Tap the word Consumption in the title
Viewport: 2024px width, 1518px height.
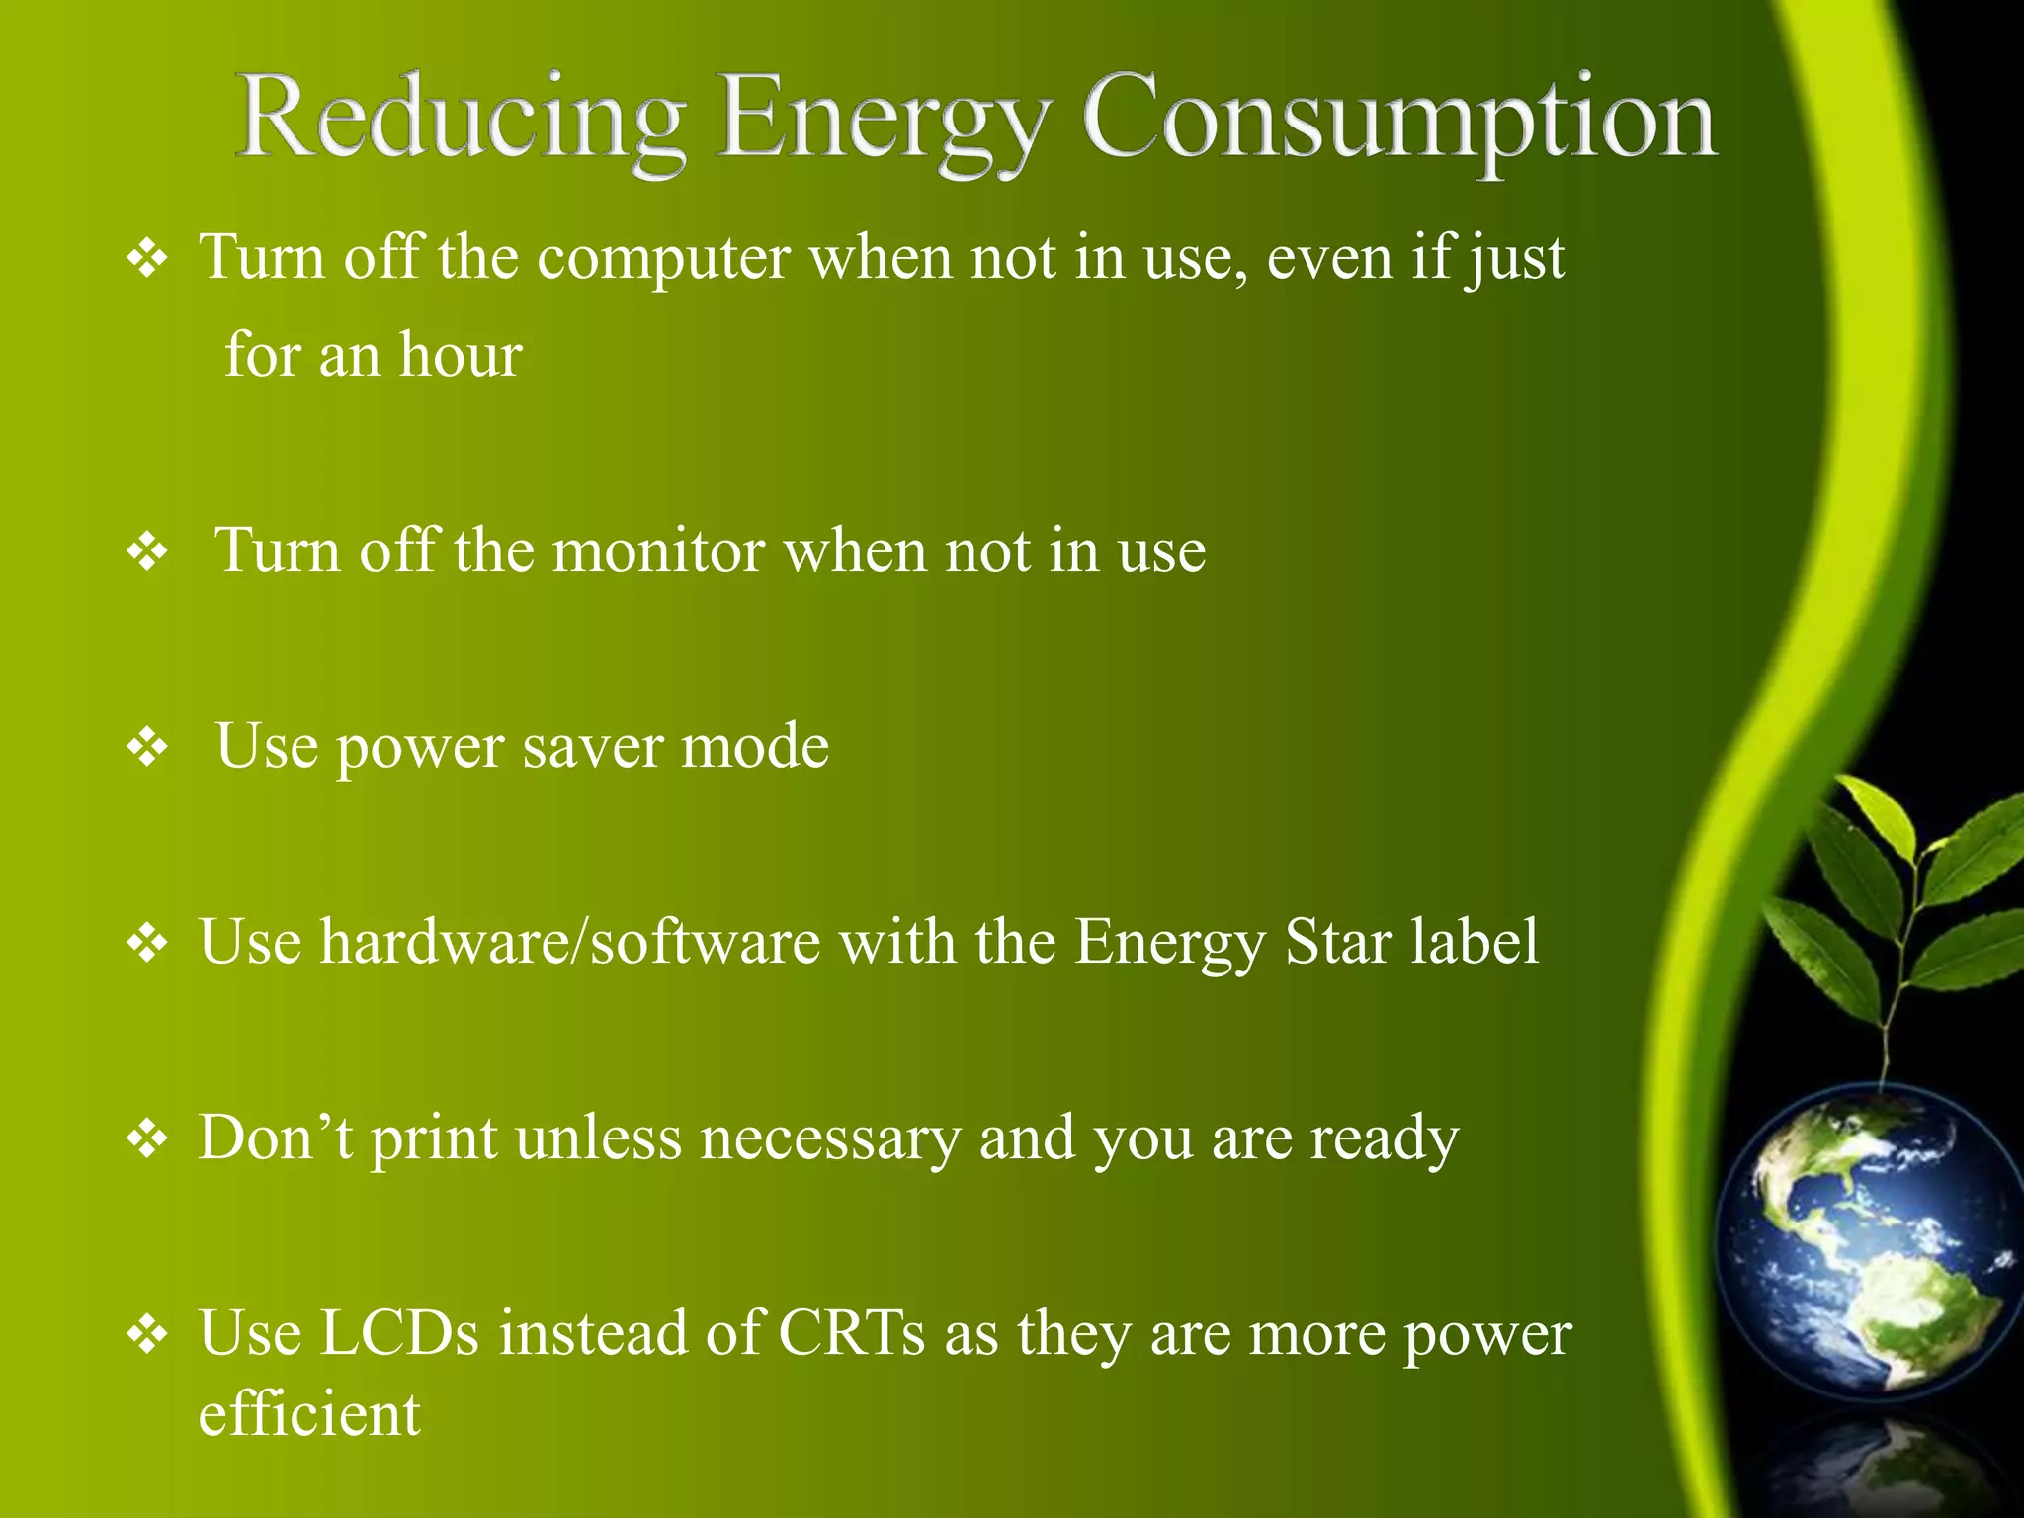point(1399,121)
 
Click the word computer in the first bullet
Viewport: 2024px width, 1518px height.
point(663,258)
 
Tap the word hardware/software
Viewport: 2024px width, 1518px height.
point(569,941)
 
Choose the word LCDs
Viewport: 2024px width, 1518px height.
point(401,1333)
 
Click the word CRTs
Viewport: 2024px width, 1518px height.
point(852,1333)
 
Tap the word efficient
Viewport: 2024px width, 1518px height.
point(309,1413)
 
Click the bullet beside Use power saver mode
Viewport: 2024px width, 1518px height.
point(147,747)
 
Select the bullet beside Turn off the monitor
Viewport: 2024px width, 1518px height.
point(147,551)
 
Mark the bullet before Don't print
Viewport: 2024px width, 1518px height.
point(147,1138)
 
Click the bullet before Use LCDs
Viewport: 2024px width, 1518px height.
point(147,1334)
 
